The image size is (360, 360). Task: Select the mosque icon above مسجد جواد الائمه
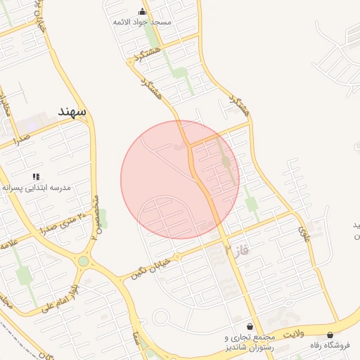tap(143, 11)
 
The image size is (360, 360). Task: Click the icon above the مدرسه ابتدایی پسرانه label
tap(35, 176)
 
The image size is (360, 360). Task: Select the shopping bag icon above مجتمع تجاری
tap(250, 327)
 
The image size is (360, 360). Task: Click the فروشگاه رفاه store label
tap(330, 346)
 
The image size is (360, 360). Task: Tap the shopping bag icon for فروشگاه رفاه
tap(330, 335)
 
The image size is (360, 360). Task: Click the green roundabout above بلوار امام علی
tap(83, 262)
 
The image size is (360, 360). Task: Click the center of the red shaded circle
tap(180, 179)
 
